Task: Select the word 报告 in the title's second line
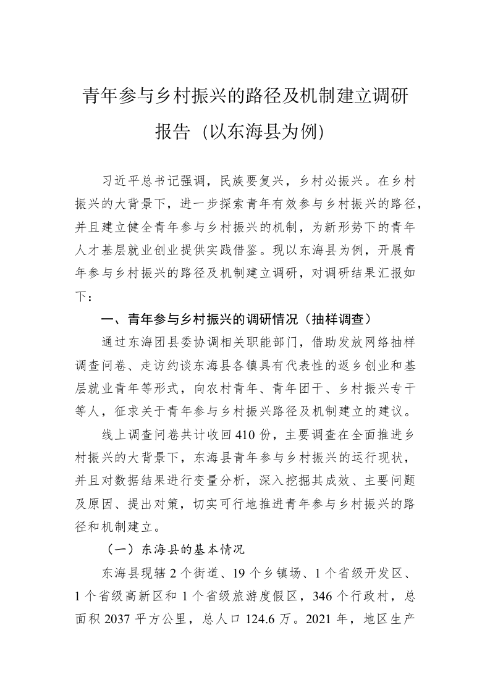click(x=172, y=132)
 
